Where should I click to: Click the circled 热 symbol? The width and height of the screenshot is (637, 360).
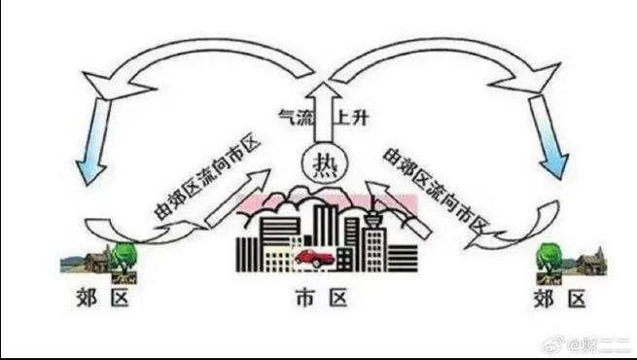coord(318,164)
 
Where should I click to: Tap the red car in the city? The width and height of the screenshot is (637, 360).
coord(313,258)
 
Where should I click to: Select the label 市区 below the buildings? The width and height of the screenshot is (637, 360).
coord(319,300)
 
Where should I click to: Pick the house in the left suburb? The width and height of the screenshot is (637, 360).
coord(94,260)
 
